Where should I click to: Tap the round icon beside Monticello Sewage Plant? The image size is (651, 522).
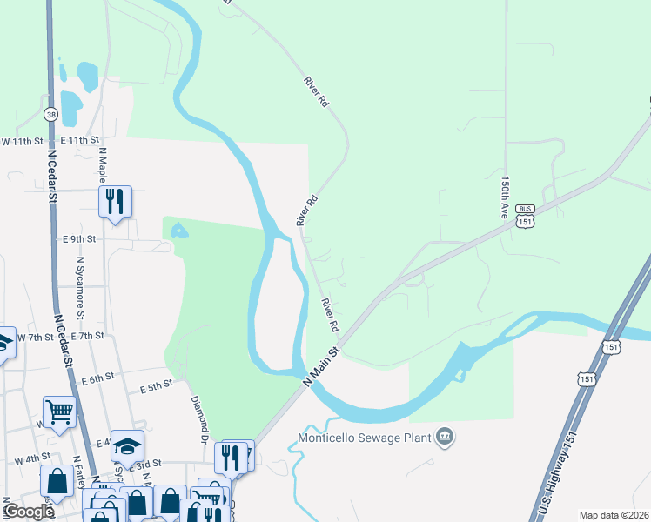[446, 436]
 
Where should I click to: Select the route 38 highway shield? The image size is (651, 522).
[51, 114]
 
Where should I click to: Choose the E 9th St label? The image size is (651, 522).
[79, 238]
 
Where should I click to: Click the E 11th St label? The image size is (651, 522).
[80, 140]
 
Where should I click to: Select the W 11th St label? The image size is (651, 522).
[22, 141]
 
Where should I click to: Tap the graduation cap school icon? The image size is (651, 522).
[127, 445]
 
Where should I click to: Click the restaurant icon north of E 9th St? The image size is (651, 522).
[115, 201]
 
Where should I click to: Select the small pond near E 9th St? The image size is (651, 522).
[178, 231]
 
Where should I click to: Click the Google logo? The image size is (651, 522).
[30, 512]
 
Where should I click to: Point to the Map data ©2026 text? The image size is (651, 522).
[613, 515]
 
